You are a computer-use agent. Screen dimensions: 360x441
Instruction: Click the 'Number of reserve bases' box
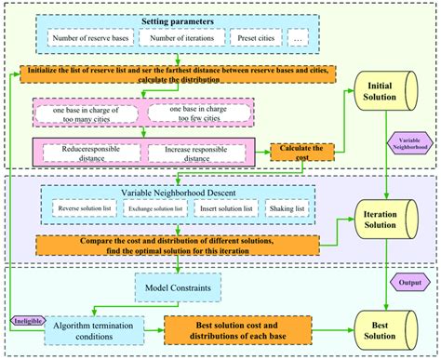point(87,38)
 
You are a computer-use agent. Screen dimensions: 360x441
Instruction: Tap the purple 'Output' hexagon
point(408,279)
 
